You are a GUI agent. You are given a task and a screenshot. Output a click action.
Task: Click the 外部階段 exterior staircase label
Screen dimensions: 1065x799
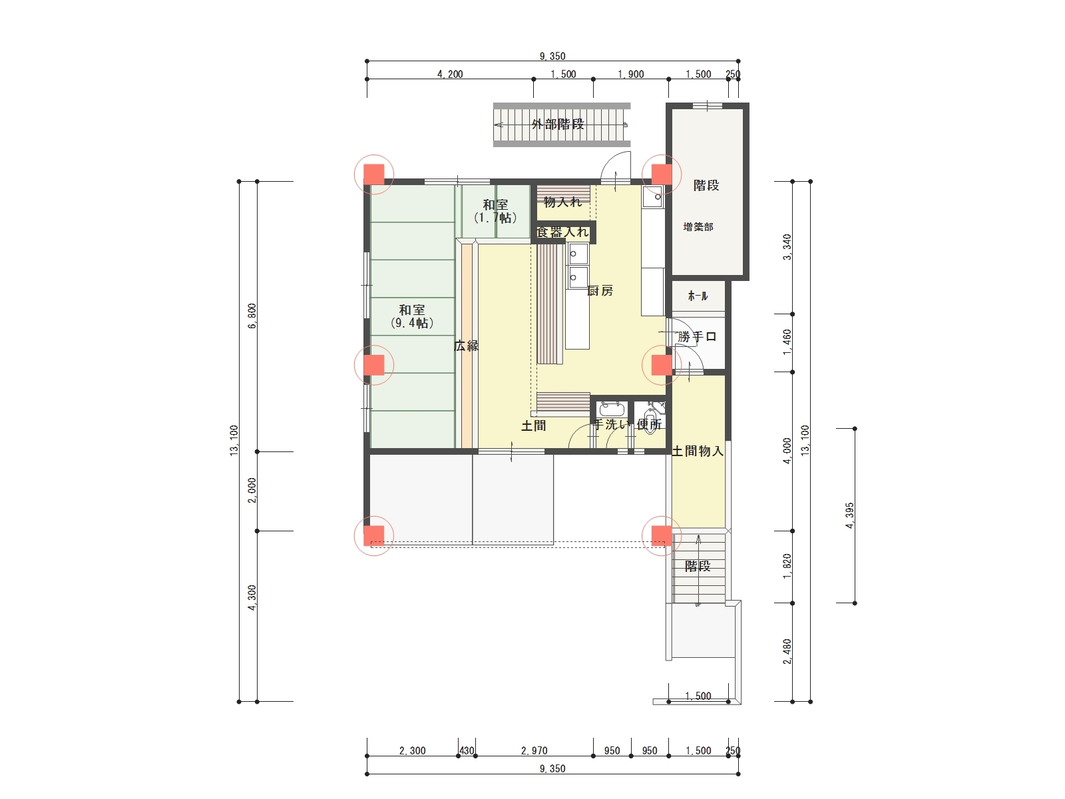558,125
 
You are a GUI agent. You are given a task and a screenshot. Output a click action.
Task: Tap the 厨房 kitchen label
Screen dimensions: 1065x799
600,290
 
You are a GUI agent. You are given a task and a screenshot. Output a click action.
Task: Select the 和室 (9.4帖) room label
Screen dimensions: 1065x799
412,316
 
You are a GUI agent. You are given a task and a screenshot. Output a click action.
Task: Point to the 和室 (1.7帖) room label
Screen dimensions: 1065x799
495,211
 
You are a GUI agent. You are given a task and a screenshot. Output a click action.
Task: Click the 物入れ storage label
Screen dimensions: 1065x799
562,202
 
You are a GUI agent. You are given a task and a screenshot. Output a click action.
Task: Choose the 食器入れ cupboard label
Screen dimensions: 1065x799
562,232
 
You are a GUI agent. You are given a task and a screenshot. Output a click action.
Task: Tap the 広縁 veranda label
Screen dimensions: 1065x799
467,346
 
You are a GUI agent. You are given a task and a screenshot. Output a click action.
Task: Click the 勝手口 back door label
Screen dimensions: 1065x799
697,337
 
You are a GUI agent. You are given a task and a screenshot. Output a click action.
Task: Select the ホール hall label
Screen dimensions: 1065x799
698,296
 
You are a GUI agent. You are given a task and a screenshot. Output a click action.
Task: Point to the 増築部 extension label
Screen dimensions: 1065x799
698,226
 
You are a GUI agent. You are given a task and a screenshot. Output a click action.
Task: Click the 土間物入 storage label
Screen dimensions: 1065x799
697,451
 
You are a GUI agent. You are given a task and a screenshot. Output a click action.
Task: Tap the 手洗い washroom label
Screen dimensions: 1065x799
611,425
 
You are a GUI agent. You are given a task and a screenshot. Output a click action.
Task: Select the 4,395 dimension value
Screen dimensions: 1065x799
849,515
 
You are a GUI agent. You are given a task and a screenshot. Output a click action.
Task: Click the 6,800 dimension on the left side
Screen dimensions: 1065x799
252,316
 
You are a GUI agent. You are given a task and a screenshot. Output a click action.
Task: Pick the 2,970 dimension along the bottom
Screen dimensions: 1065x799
534,750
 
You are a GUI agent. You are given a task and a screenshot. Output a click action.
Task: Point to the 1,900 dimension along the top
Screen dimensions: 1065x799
631,74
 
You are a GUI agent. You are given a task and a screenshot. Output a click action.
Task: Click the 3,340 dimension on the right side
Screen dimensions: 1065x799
787,247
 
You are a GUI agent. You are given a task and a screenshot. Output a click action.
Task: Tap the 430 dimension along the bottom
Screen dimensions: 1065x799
467,750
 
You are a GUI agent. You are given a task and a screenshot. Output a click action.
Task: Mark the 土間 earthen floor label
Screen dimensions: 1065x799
534,426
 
